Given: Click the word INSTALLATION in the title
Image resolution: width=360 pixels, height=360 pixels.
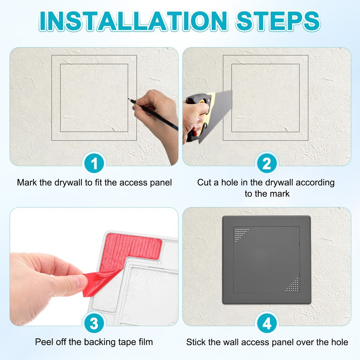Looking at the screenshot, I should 133,21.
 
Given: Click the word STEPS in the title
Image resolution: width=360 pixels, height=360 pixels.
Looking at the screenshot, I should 277,21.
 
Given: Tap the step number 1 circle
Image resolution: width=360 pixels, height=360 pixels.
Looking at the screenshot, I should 94,164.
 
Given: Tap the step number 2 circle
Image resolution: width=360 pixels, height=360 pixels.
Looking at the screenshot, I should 266,164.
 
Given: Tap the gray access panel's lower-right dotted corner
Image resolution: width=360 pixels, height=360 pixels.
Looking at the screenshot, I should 292,285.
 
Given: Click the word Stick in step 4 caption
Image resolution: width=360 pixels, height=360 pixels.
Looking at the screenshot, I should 195,342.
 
